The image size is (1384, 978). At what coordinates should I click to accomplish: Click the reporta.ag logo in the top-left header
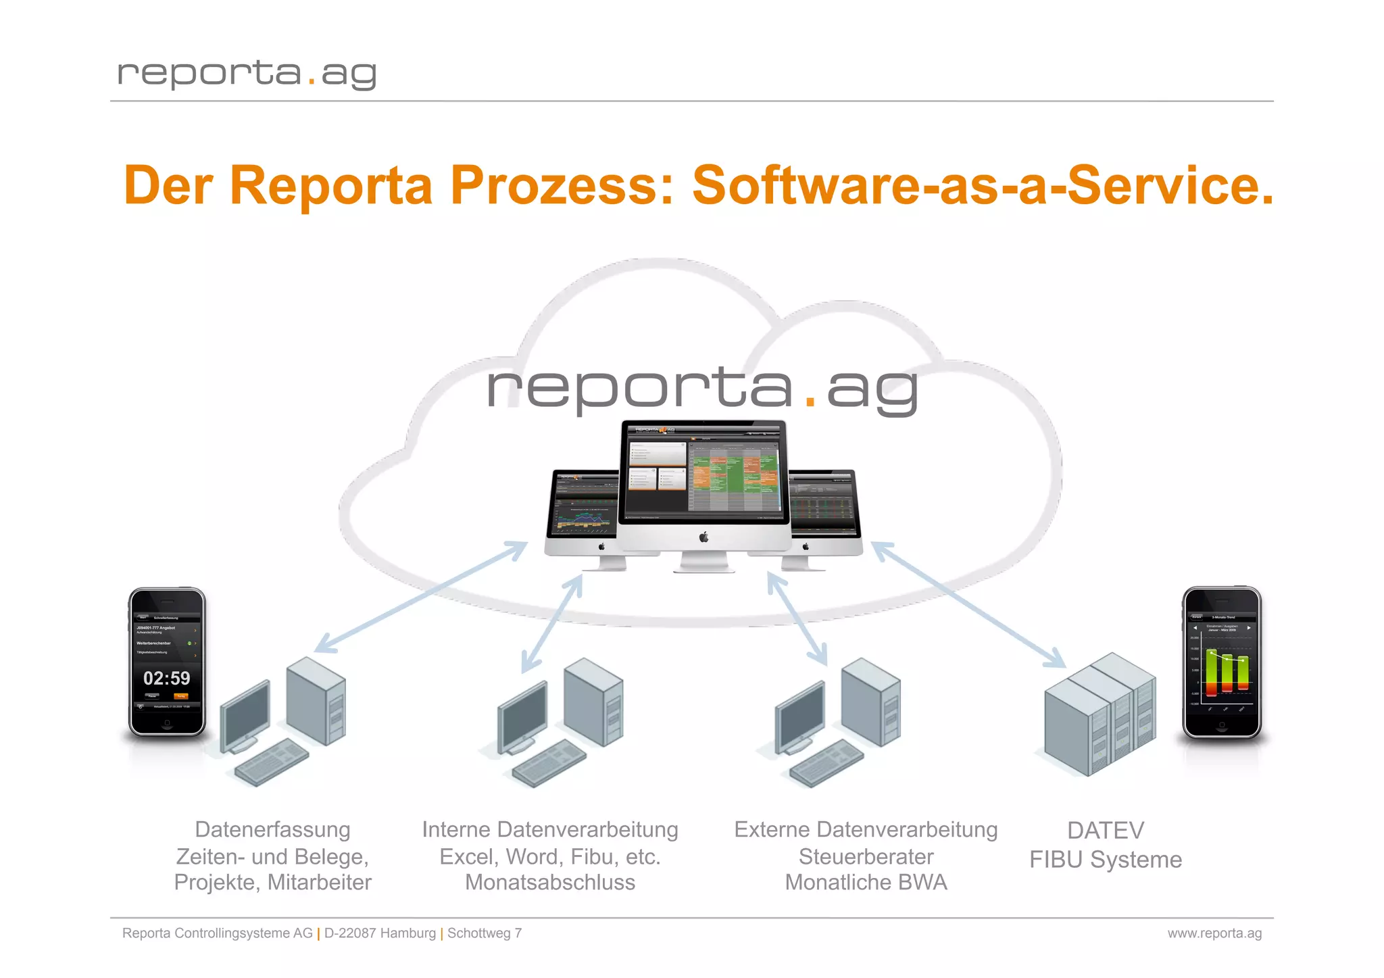(x=247, y=73)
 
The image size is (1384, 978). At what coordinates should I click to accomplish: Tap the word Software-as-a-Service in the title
(x=983, y=185)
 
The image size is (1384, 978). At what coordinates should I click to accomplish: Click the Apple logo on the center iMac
(x=703, y=537)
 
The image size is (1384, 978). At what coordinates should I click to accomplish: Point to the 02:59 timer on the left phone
(x=167, y=678)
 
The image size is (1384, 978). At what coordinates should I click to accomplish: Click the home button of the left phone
(x=167, y=724)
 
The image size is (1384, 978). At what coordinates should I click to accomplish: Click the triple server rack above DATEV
(x=1099, y=713)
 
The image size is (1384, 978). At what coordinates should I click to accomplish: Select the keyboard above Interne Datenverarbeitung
(x=549, y=763)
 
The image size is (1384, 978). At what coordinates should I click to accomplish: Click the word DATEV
(x=1106, y=830)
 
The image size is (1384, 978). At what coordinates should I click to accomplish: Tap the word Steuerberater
(x=866, y=856)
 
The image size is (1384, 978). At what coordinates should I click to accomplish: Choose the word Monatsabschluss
(x=550, y=882)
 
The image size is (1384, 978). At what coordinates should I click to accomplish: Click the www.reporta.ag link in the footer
(x=1214, y=933)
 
